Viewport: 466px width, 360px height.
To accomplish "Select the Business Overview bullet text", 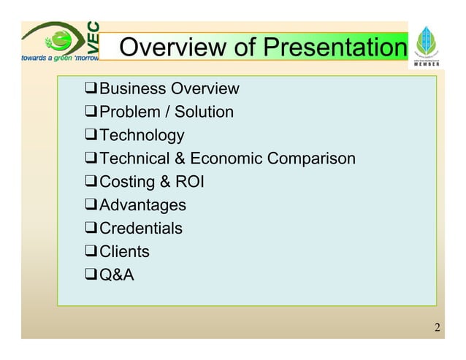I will coord(169,89).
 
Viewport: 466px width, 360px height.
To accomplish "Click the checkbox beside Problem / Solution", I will coord(91,112).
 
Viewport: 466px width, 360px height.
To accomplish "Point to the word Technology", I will coord(142,136).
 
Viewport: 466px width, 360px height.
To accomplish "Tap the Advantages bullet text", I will coord(142,205).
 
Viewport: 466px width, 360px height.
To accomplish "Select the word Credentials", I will coord(140,229).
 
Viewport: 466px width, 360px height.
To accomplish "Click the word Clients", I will coord(124,252).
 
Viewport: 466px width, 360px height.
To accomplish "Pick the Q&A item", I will coord(116,275).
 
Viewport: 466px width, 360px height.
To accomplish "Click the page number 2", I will coord(437,326).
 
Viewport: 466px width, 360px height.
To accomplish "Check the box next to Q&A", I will coord(91,275).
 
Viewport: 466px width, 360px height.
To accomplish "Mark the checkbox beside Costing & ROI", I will coord(91,182).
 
